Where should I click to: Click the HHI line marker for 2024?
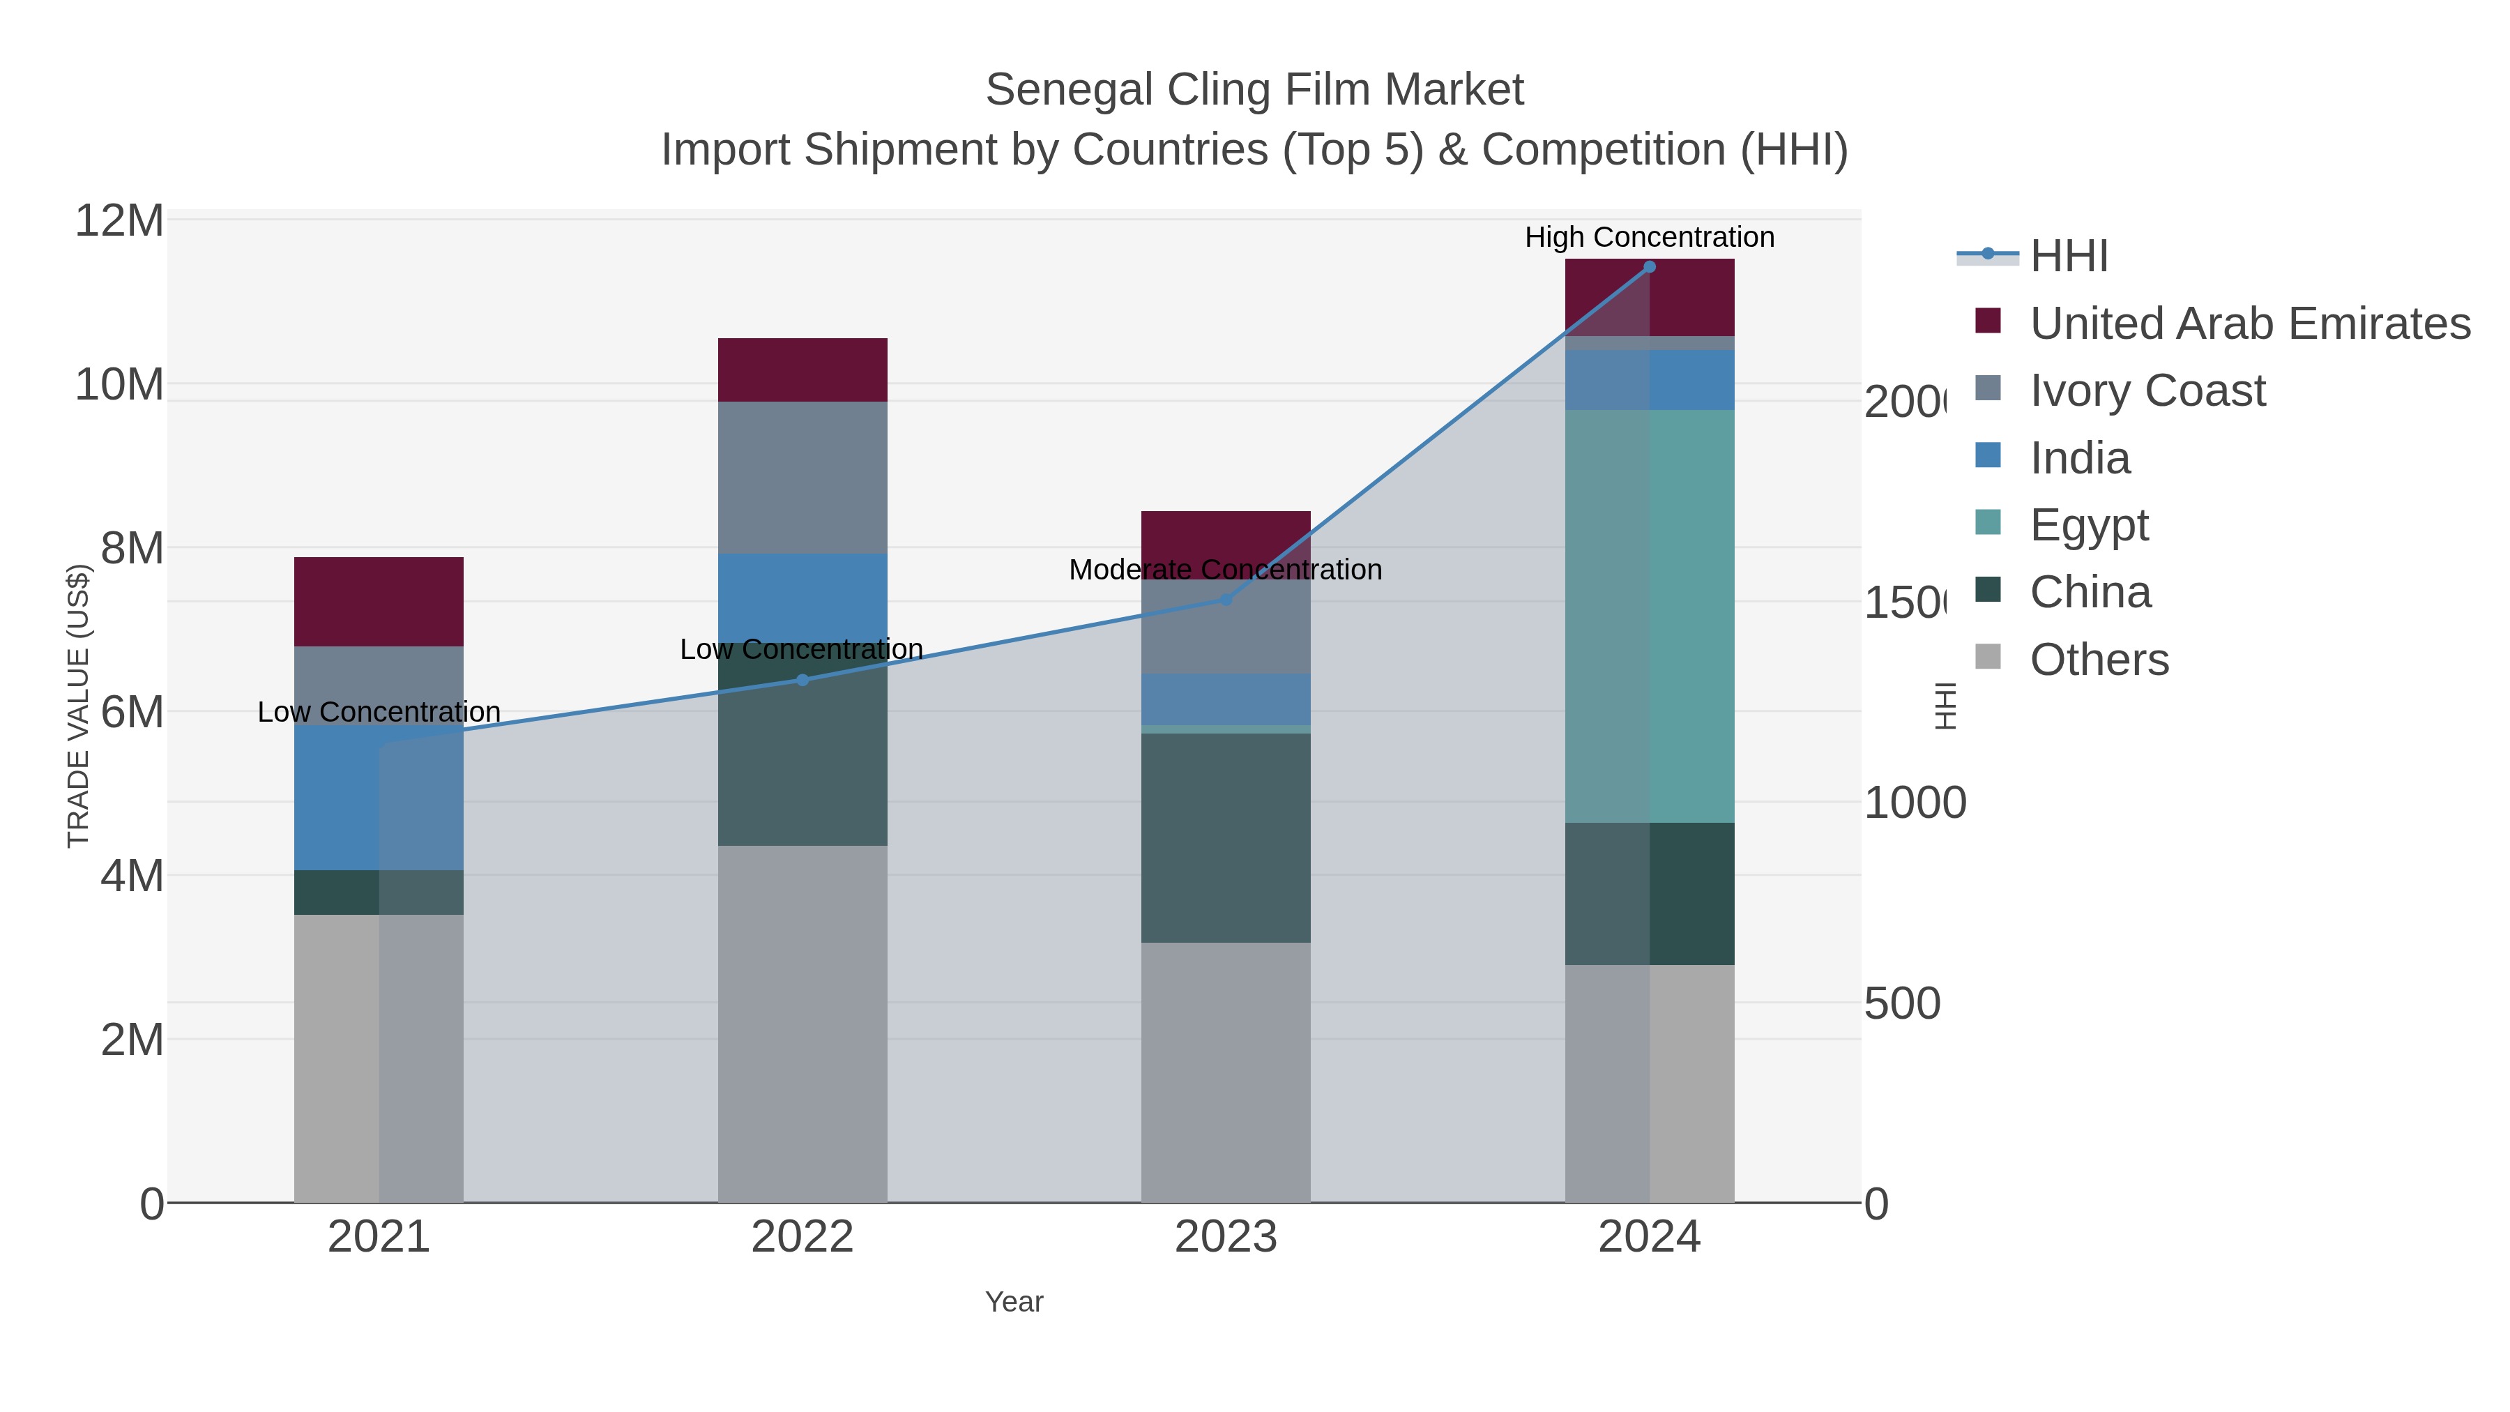(x=1650, y=267)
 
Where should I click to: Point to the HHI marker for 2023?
(x=1226, y=599)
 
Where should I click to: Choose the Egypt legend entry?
(x=2088, y=524)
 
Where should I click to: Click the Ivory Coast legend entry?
(x=2147, y=390)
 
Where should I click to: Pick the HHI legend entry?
(x=2068, y=257)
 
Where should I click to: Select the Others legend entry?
(x=2099, y=660)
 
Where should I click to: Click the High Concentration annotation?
(x=1649, y=237)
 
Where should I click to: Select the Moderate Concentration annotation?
(x=1225, y=569)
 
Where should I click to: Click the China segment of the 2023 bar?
(x=1226, y=838)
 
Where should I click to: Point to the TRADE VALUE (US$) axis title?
(x=78, y=706)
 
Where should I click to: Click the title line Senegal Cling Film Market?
(x=1254, y=90)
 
